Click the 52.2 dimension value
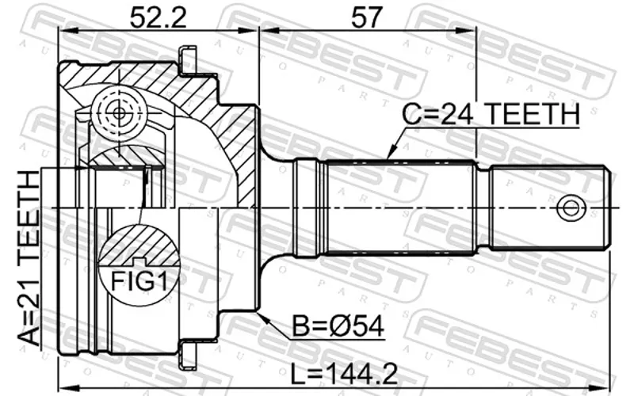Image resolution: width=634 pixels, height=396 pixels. tap(158, 17)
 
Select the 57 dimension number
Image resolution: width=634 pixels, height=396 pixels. tap(367, 17)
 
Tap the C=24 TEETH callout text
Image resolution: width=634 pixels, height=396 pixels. tap(491, 113)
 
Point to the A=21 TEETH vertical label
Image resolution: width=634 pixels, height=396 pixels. tap(29, 258)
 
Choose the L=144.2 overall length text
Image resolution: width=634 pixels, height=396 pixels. tap(345, 374)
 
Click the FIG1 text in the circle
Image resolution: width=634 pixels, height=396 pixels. tap(139, 281)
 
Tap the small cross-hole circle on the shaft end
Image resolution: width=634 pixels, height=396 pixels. tap(571, 208)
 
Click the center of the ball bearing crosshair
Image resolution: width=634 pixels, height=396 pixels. tap(119, 113)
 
